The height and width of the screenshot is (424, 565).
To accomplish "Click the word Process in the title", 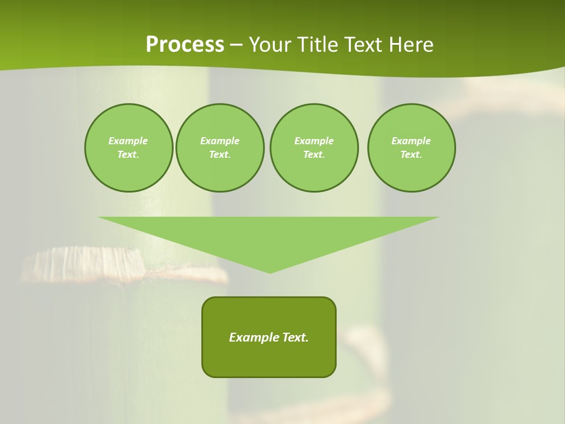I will pos(185,45).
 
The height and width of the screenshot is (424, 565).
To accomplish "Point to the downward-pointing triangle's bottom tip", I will pos(270,271).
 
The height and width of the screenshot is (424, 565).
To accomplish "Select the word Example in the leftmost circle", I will pos(128,141).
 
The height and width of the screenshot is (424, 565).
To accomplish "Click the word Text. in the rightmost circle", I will pos(411,154).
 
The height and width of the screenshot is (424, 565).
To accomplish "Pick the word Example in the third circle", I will pos(314,141).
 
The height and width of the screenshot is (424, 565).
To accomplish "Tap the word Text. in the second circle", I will pos(220,154).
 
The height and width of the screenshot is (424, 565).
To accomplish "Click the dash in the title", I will pos(237,45).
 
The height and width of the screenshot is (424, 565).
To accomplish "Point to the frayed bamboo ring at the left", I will pos(88,262).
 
